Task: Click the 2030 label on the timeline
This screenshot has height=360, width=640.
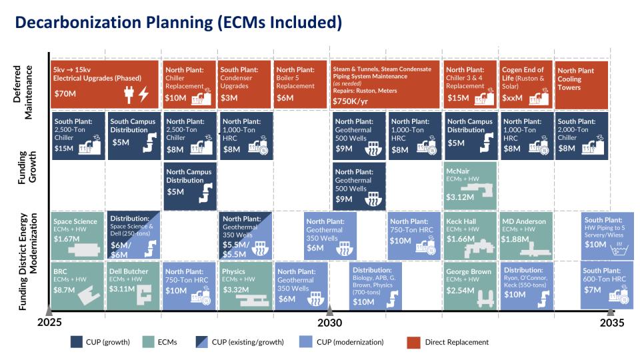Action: click(330, 323)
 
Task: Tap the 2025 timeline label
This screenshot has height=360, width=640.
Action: click(49, 323)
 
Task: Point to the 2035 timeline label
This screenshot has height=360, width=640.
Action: click(612, 323)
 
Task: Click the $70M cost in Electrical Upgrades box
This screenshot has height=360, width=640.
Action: click(65, 94)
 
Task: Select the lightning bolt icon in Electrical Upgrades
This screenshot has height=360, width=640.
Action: click(143, 94)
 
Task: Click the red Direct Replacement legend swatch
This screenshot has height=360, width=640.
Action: click(413, 343)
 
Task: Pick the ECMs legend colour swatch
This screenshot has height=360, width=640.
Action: click(148, 342)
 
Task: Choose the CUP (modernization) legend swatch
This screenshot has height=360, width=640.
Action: click(305, 342)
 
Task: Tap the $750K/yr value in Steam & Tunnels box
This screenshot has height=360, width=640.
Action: click(350, 101)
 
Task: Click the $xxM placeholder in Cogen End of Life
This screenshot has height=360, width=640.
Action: click(512, 98)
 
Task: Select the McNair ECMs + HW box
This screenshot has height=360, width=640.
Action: click(471, 186)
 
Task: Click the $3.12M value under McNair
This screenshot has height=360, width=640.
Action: click(460, 197)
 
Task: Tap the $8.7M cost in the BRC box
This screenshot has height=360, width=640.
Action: click(64, 290)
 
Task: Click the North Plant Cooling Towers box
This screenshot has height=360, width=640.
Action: click(581, 85)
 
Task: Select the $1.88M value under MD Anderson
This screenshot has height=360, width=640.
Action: click(515, 239)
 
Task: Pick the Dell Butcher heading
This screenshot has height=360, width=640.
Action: click(129, 271)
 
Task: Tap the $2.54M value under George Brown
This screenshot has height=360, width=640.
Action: click(460, 291)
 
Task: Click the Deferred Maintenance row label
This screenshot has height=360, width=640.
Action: click(23, 92)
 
